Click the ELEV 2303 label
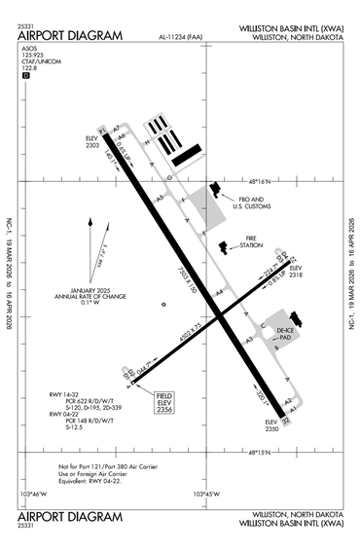coord(93,143)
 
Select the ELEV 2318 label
coord(296,272)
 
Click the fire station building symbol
coord(226,248)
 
